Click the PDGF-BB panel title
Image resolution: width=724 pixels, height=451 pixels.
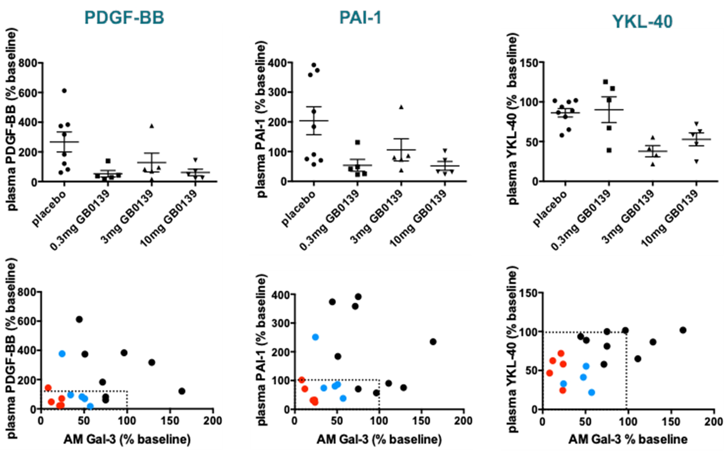[x=124, y=18]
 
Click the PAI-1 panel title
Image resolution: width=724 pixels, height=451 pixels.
[x=360, y=18]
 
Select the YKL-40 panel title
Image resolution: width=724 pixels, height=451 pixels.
[x=642, y=21]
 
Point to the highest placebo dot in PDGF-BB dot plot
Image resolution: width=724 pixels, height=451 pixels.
[x=64, y=91]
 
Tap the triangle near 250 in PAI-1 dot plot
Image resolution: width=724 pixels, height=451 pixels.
[x=401, y=107]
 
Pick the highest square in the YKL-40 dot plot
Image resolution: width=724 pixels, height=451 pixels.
[x=605, y=82]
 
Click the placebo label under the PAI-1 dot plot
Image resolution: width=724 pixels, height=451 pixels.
[x=298, y=209]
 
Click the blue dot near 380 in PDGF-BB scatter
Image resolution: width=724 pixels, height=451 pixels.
[x=62, y=354]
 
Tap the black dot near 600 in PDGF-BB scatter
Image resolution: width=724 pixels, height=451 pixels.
[x=79, y=319]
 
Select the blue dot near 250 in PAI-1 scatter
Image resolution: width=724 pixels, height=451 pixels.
[x=315, y=337]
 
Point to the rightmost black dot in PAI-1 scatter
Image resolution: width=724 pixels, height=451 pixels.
[x=433, y=342]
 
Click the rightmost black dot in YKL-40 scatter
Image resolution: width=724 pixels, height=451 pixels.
[x=683, y=330]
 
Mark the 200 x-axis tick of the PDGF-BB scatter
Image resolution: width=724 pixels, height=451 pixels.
[x=213, y=421]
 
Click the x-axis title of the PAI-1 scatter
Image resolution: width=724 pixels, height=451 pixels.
[x=379, y=439]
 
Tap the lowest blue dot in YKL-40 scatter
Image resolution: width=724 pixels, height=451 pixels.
[x=592, y=393]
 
